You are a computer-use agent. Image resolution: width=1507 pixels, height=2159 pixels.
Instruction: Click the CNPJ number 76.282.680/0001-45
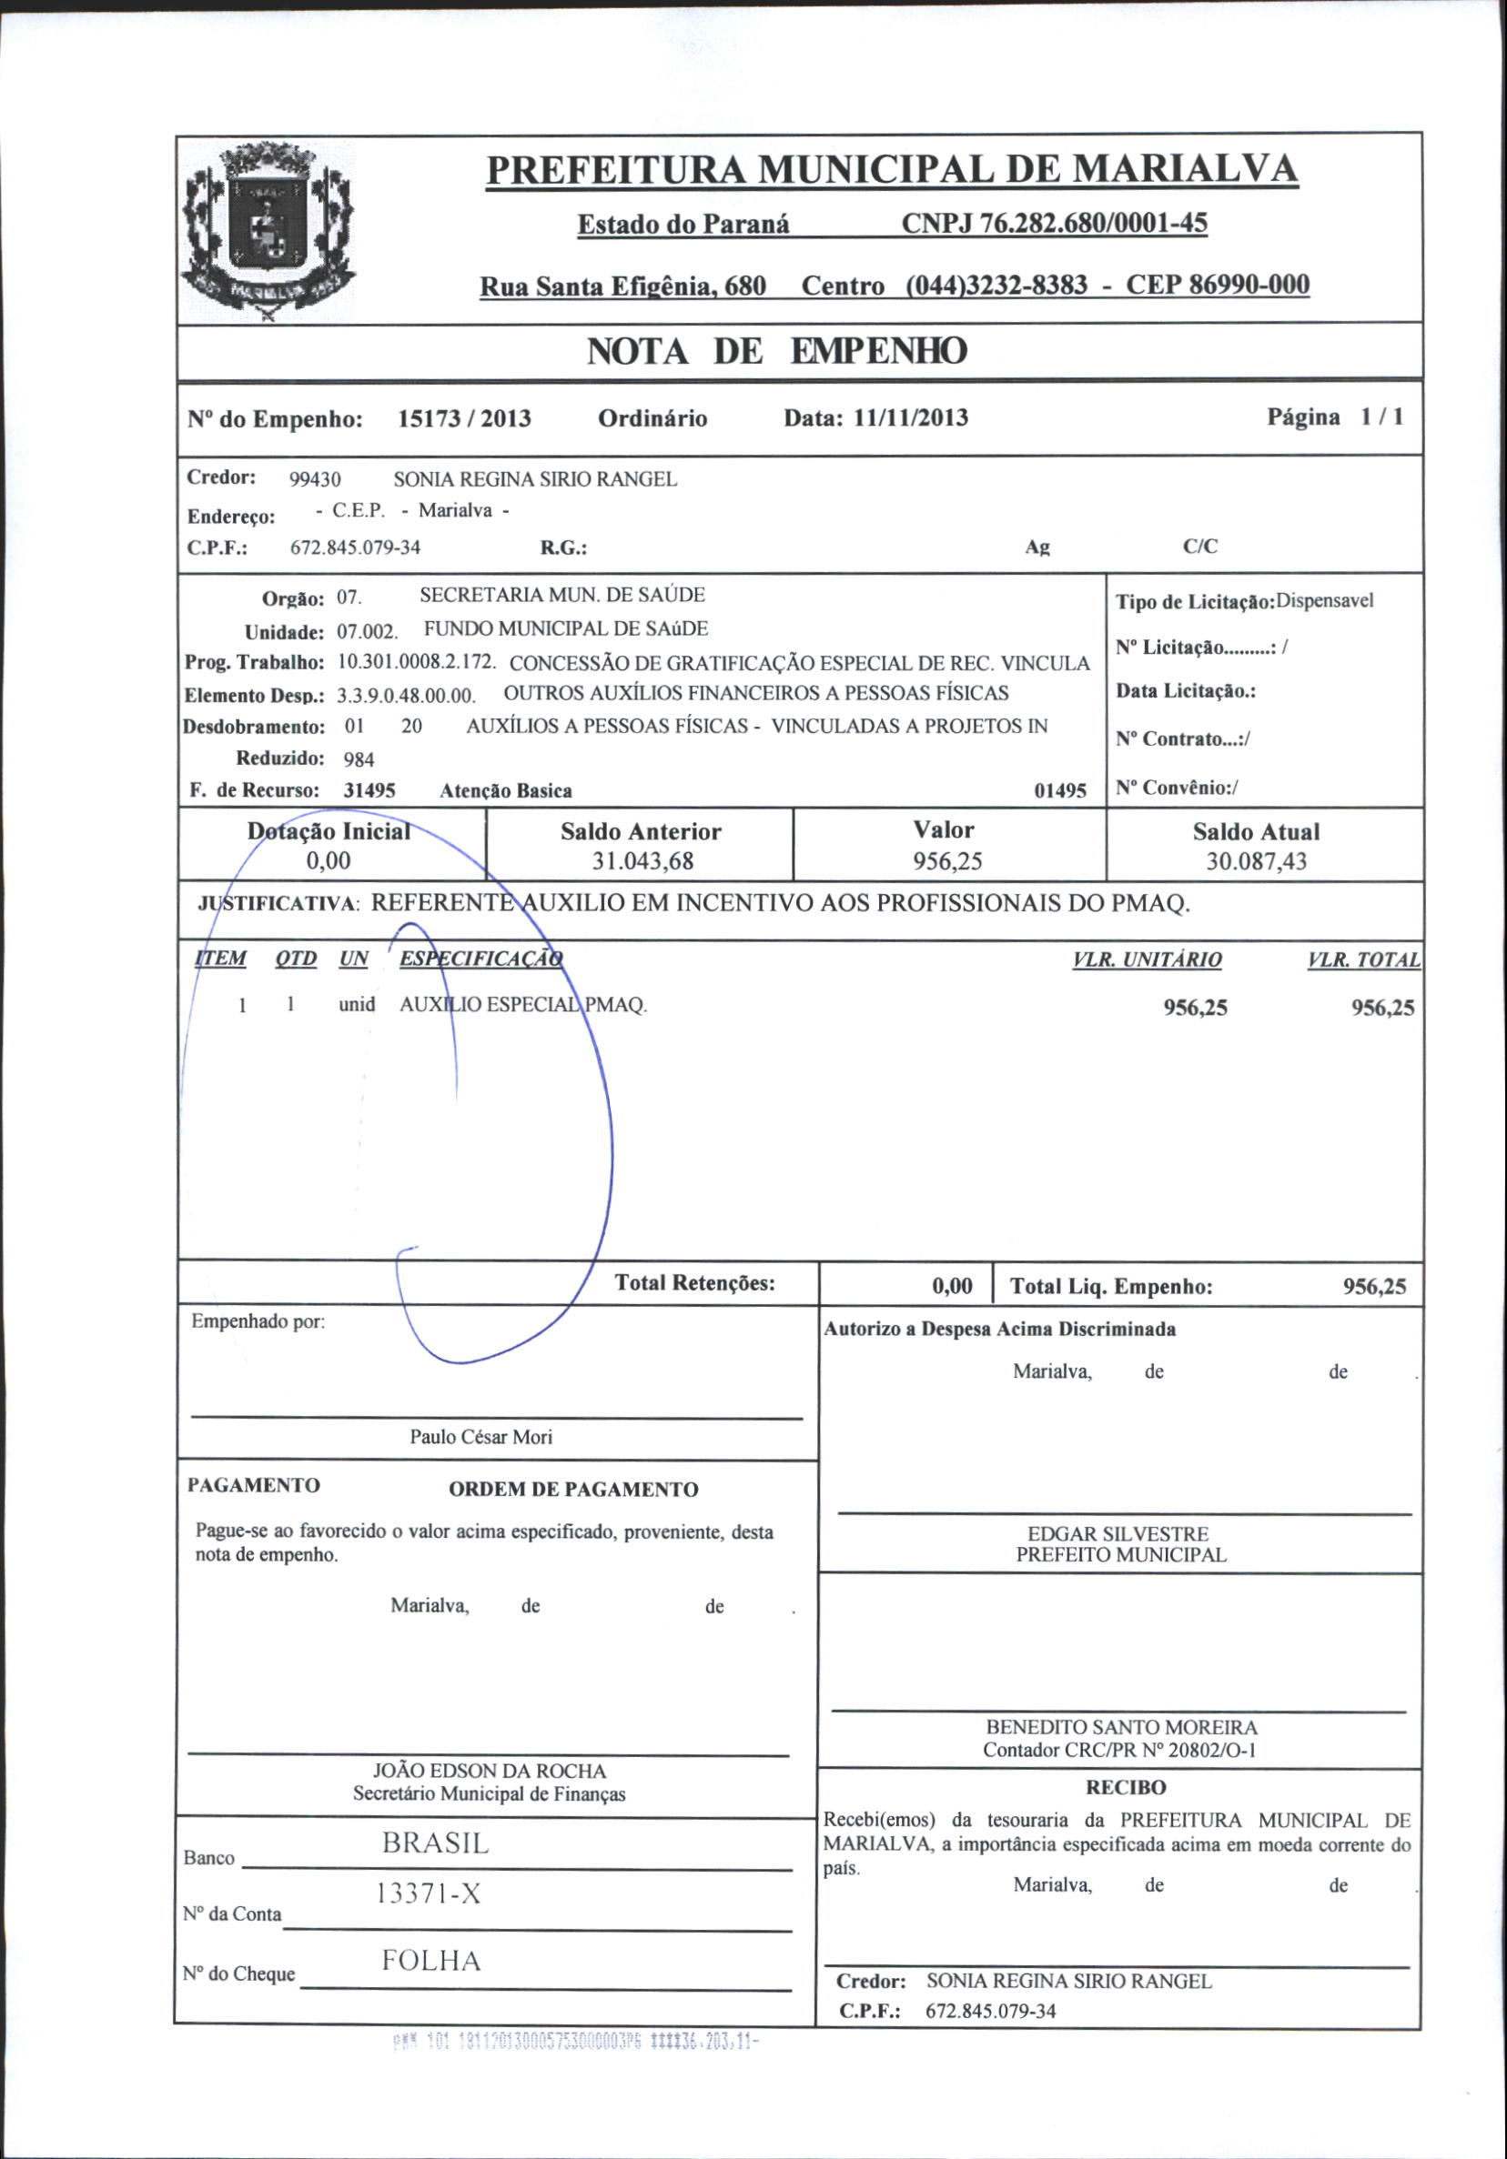[x=1054, y=224]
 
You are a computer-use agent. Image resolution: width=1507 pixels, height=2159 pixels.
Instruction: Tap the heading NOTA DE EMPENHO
[x=777, y=352]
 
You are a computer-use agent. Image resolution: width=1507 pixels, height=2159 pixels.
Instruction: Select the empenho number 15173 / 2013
[x=464, y=418]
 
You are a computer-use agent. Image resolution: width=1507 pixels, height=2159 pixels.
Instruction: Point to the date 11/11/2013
[x=911, y=417]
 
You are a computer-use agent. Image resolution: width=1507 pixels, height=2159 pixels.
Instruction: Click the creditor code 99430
[x=315, y=479]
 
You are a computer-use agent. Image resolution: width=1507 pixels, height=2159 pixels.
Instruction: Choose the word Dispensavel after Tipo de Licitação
[x=1324, y=601]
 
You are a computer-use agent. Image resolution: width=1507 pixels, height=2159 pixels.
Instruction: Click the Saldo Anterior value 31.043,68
[x=641, y=861]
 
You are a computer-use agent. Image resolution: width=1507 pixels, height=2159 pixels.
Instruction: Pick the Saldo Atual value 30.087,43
[x=1256, y=861]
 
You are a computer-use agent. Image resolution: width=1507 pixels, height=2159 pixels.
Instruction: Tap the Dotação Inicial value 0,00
[x=329, y=860]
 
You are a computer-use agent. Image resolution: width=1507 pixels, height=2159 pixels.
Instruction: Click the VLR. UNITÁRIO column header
[x=1147, y=960]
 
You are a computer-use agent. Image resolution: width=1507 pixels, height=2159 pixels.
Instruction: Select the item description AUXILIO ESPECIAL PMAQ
[x=523, y=1004]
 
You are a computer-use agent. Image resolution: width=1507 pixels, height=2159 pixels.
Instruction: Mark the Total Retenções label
[x=694, y=1283]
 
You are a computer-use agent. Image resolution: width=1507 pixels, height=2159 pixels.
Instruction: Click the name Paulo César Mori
[x=480, y=1437]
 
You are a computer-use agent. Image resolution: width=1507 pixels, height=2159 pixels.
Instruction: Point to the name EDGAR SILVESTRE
[x=1118, y=1533]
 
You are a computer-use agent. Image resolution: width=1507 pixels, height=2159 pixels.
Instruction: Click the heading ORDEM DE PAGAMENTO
[x=573, y=1490]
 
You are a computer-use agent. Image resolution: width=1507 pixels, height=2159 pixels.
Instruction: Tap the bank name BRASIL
[x=436, y=1844]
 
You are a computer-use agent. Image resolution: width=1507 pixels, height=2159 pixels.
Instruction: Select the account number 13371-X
[x=428, y=1894]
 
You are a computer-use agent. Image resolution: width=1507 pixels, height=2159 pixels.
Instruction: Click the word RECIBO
[x=1125, y=1788]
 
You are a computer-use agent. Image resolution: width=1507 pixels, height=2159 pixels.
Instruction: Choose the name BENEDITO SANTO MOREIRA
[x=1120, y=1727]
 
